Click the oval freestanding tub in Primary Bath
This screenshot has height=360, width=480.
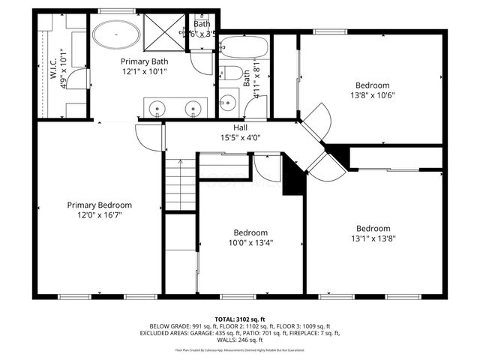click(x=115, y=34)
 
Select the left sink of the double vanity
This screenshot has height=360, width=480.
click(x=155, y=109)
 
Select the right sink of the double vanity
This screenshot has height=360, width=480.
click(x=195, y=109)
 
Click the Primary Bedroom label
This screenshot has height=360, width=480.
click(x=99, y=205)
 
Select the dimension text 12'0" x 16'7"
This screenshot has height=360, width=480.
click(x=99, y=214)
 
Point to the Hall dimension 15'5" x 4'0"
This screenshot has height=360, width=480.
click(x=240, y=138)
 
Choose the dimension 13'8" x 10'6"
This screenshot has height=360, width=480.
click(x=373, y=94)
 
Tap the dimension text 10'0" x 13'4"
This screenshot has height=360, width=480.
click(x=250, y=242)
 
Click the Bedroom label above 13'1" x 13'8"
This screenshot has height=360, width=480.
click(x=373, y=229)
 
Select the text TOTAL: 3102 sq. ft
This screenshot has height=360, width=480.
click(x=240, y=319)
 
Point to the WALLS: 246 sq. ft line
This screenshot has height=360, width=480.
click(x=240, y=340)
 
